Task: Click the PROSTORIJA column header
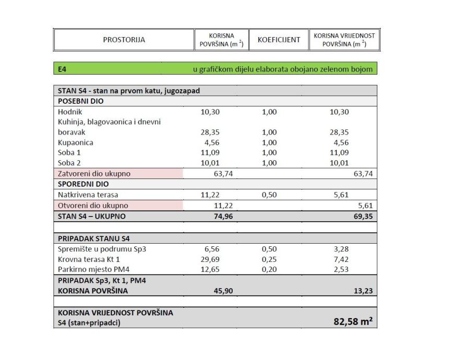point(124,40)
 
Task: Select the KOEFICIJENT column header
point(279,40)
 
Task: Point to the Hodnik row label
point(70,112)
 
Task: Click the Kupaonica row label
point(76,142)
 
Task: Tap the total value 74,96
point(223,216)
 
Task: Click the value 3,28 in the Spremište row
point(340,249)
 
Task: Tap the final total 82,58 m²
point(353,322)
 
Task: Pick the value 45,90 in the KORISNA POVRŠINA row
point(223,291)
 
